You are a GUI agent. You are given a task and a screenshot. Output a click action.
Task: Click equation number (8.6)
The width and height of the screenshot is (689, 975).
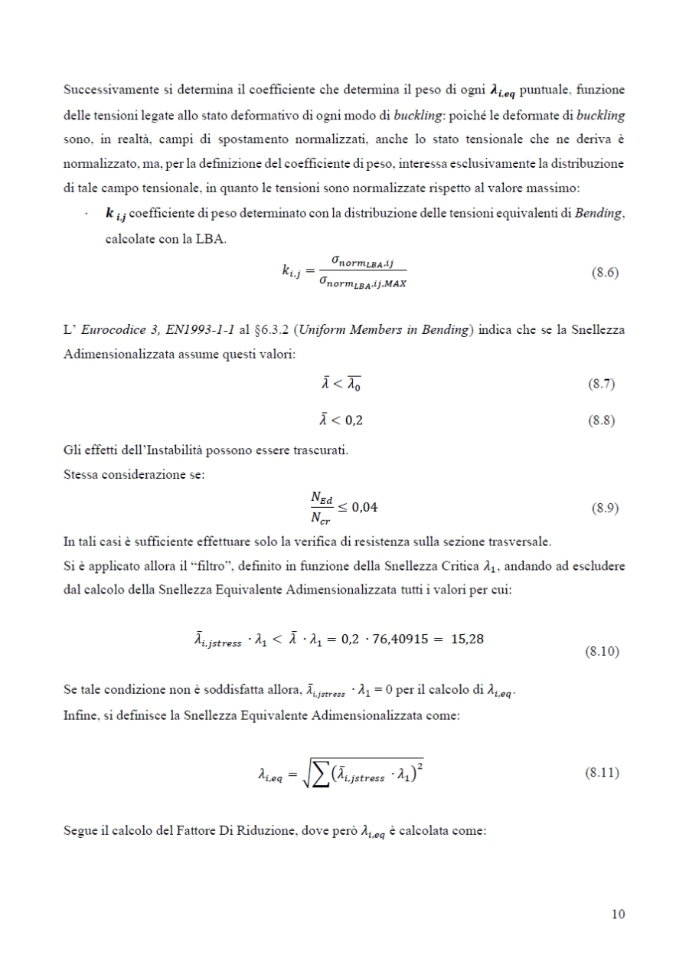[x=600, y=273]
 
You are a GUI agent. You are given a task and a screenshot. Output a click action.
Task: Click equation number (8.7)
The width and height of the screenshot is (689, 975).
[x=600, y=384]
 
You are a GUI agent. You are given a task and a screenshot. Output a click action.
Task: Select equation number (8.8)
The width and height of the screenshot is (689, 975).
[x=600, y=420]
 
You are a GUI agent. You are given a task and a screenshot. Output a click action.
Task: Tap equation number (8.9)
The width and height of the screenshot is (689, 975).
[x=600, y=508]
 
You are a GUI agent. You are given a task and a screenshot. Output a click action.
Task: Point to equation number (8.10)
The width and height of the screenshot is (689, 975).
[x=602, y=653]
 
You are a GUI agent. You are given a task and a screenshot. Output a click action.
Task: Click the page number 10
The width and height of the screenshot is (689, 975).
[x=619, y=914]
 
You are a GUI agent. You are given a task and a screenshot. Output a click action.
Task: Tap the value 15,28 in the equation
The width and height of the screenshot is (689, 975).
[x=467, y=640]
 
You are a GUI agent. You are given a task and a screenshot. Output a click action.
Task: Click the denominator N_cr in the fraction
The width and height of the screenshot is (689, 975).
[x=321, y=517]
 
